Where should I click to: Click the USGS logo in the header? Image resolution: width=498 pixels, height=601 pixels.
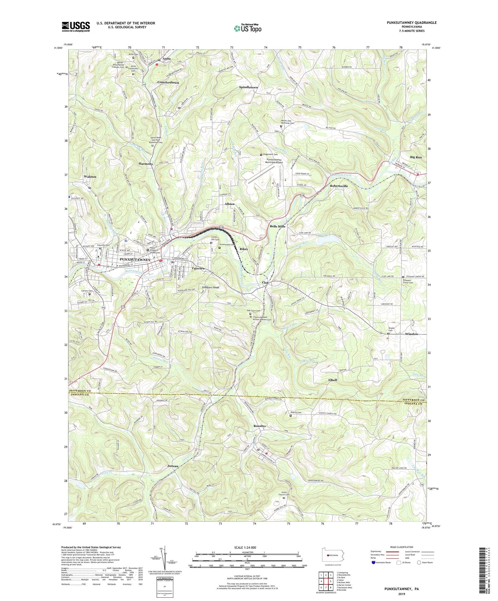[x=76, y=27]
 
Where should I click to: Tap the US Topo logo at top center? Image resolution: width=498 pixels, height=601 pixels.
[x=247, y=29]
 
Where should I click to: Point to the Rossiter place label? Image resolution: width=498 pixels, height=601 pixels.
[x=260, y=426]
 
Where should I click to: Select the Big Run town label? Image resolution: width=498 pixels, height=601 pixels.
[x=416, y=157]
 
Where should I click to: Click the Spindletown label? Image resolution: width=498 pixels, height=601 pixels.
[x=248, y=87]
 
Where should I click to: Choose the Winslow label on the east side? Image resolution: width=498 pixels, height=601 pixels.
[x=412, y=334]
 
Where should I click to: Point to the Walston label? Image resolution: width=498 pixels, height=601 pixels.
[x=90, y=177]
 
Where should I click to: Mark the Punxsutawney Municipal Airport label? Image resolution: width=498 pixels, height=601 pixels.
[x=274, y=161]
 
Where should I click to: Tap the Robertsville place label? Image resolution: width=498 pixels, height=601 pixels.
[x=339, y=186]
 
